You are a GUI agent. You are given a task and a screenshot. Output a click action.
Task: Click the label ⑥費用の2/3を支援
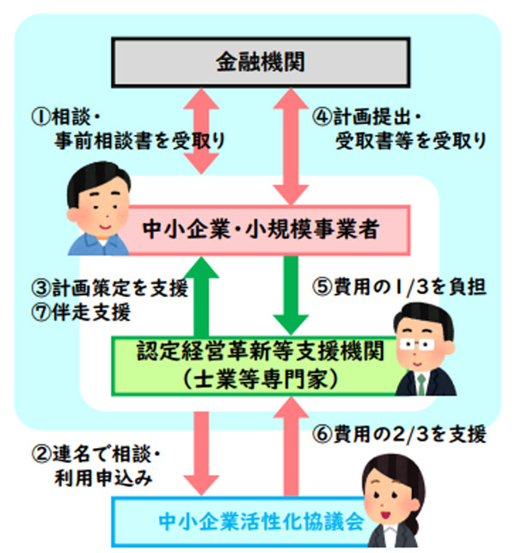[397, 433]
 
